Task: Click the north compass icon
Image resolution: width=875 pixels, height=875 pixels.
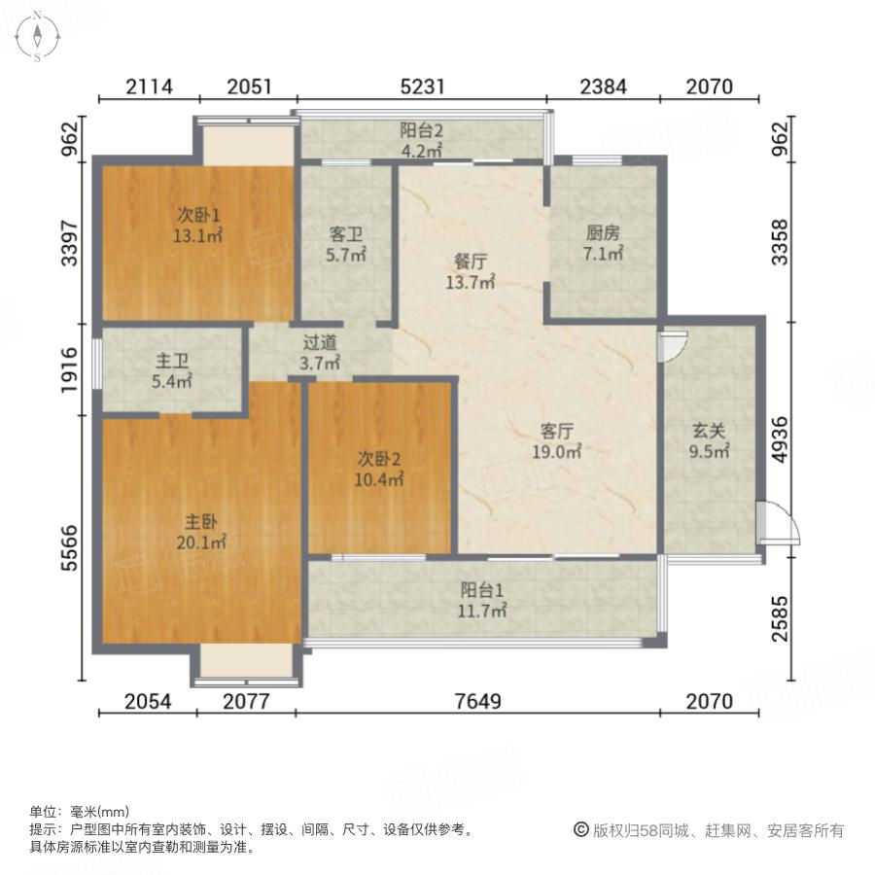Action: [x=36, y=37]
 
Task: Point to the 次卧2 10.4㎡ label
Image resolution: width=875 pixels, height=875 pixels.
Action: [x=379, y=469]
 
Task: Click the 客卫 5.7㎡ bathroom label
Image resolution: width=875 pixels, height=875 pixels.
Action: [x=344, y=245]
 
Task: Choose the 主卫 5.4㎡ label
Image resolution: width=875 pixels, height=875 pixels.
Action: [x=172, y=371]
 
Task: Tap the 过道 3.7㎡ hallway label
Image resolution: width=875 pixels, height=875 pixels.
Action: [x=321, y=353]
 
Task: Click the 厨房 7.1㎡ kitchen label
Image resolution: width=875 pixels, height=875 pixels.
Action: [x=603, y=244]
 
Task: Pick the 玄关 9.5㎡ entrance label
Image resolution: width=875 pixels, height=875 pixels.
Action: [x=710, y=441]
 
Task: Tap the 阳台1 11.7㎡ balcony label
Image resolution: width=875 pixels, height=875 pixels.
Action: [x=483, y=600]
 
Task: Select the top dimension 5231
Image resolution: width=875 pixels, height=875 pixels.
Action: [x=422, y=87]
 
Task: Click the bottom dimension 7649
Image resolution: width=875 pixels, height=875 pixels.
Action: [x=476, y=702]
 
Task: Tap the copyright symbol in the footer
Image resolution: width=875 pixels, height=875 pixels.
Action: [x=580, y=830]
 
